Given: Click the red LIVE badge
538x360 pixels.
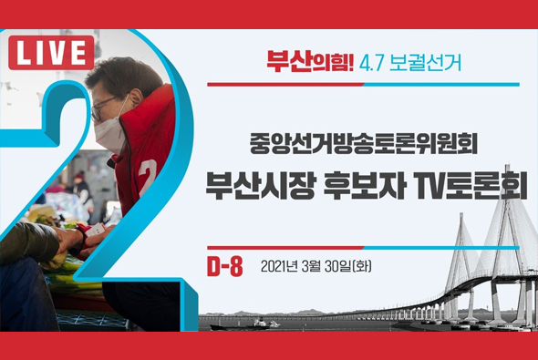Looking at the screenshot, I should point(52,53).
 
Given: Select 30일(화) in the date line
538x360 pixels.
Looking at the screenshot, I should point(347,267).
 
